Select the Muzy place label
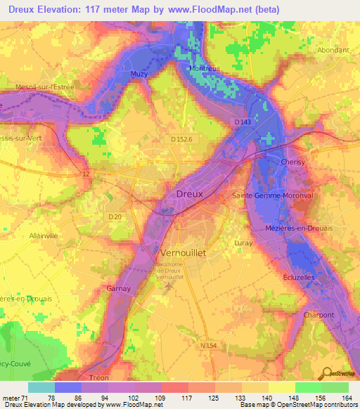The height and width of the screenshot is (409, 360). coord(140,72)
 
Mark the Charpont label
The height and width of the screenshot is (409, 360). coord(319,315)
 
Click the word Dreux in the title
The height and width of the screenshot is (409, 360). coord(24,10)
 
